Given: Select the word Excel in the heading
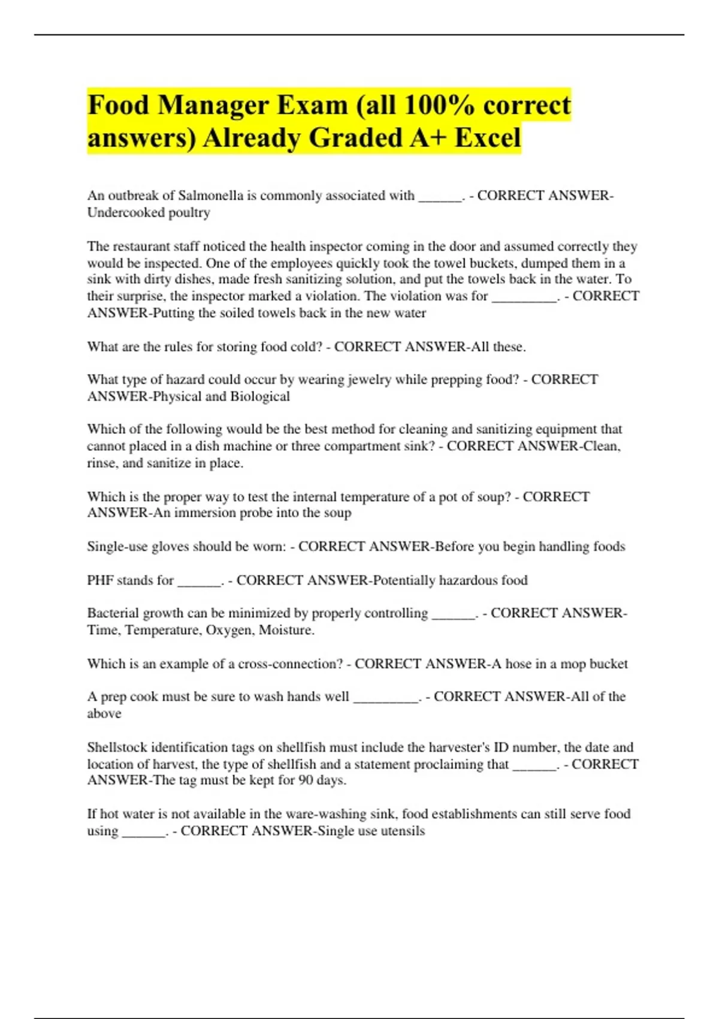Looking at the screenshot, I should click(x=488, y=138).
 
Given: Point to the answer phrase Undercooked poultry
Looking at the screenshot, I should click(x=149, y=212).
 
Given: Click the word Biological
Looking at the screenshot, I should click(x=260, y=396).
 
